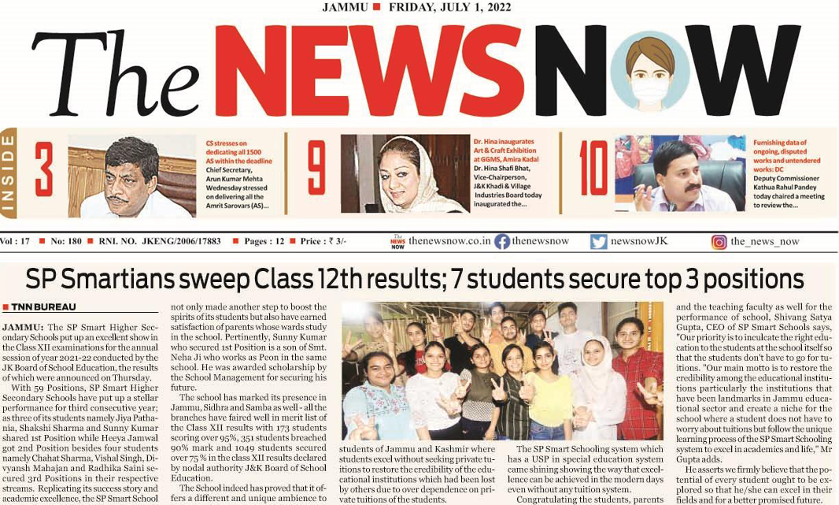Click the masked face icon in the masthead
tap(649, 70)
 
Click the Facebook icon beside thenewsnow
tap(502, 242)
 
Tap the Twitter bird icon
tap(599, 242)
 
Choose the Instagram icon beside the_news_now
tap(719, 242)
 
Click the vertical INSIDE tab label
tap(8, 173)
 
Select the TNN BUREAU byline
tap(39, 307)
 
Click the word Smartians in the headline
tap(145, 280)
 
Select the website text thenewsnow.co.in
tap(449, 242)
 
